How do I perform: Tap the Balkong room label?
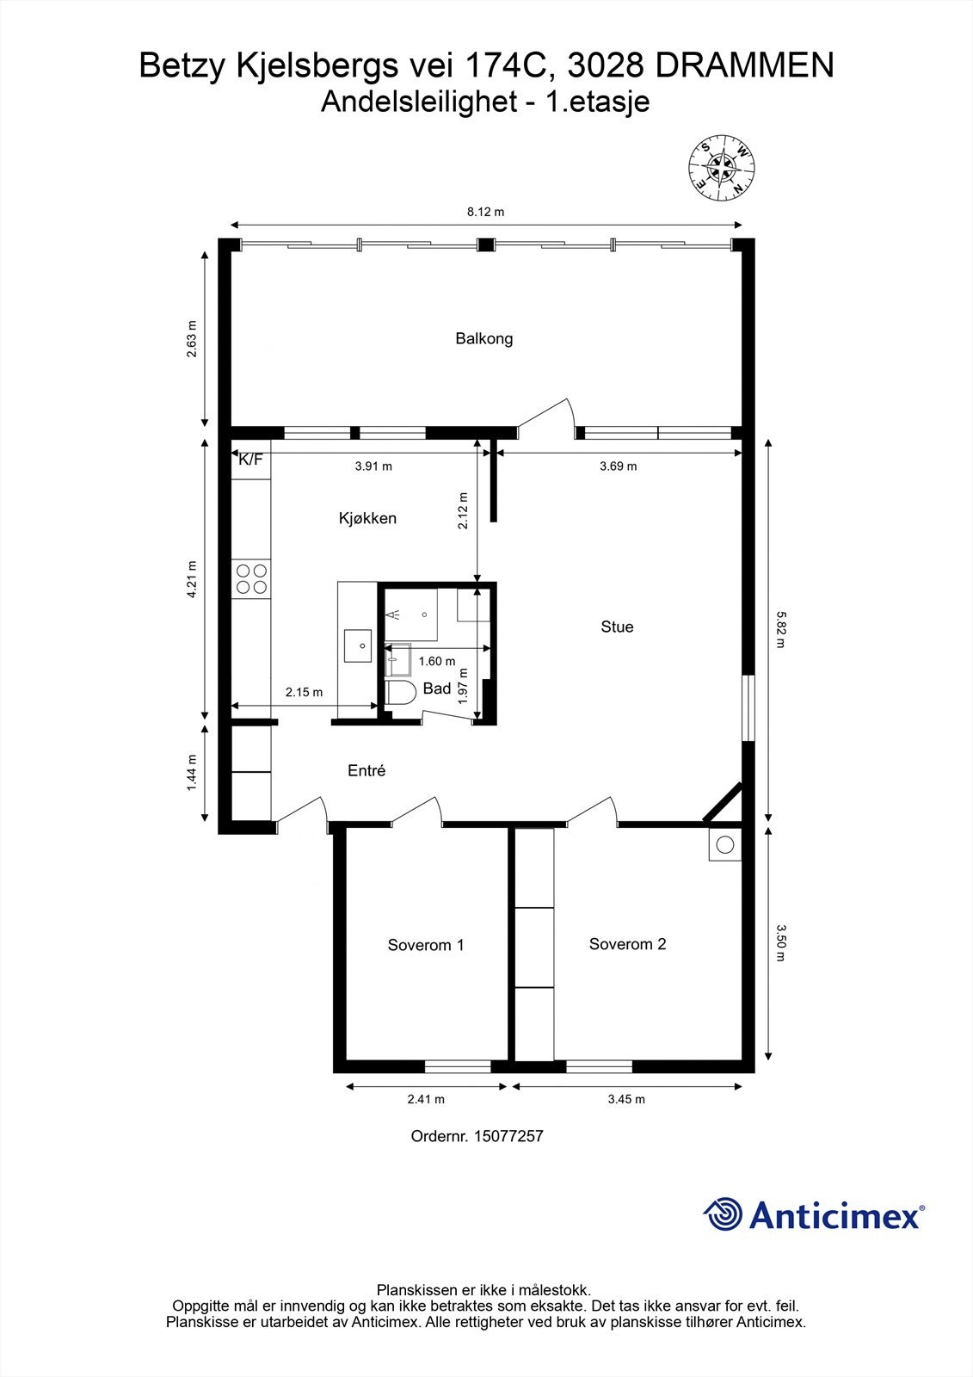click(484, 338)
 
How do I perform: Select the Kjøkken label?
click(367, 518)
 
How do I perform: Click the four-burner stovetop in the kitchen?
click(250, 578)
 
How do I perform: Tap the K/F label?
click(250, 460)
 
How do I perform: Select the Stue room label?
click(617, 627)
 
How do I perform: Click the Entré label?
click(366, 771)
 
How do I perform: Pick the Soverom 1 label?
click(426, 945)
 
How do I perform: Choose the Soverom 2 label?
click(627, 944)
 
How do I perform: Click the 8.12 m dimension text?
click(484, 212)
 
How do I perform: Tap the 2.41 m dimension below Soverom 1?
click(426, 1099)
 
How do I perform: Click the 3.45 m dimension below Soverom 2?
click(626, 1099)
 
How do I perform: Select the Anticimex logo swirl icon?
click(723, 1214)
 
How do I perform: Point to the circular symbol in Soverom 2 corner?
click(724, 845)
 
